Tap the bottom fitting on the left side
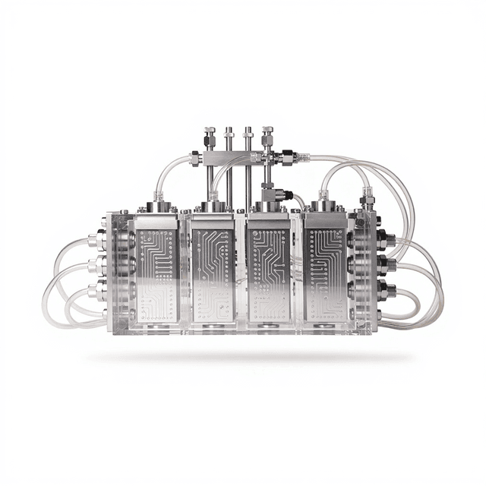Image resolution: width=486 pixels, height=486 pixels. (96, 292)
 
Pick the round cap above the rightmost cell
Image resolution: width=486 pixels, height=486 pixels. (325, 205)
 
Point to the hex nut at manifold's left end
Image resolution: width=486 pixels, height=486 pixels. (194, 158)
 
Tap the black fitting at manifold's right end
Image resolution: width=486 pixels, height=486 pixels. (289, 157)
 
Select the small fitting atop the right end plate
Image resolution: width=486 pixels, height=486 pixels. (368, 201)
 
